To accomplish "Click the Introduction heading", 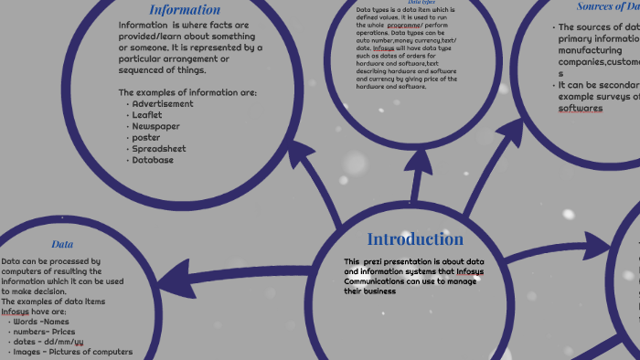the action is [415, 239].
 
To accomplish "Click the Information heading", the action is [185, 10].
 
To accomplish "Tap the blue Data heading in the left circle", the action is [62, 245].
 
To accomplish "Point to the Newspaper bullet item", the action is [155, 126].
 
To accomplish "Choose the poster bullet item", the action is [146, 137].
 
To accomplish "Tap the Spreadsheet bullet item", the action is [159, 148].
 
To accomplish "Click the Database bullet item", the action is [153, 160].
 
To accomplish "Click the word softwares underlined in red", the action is [581, 108].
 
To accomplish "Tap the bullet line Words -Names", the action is [41, 322].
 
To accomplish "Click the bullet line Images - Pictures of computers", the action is [73, 352].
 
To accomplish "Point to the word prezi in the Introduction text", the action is [368, 262].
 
